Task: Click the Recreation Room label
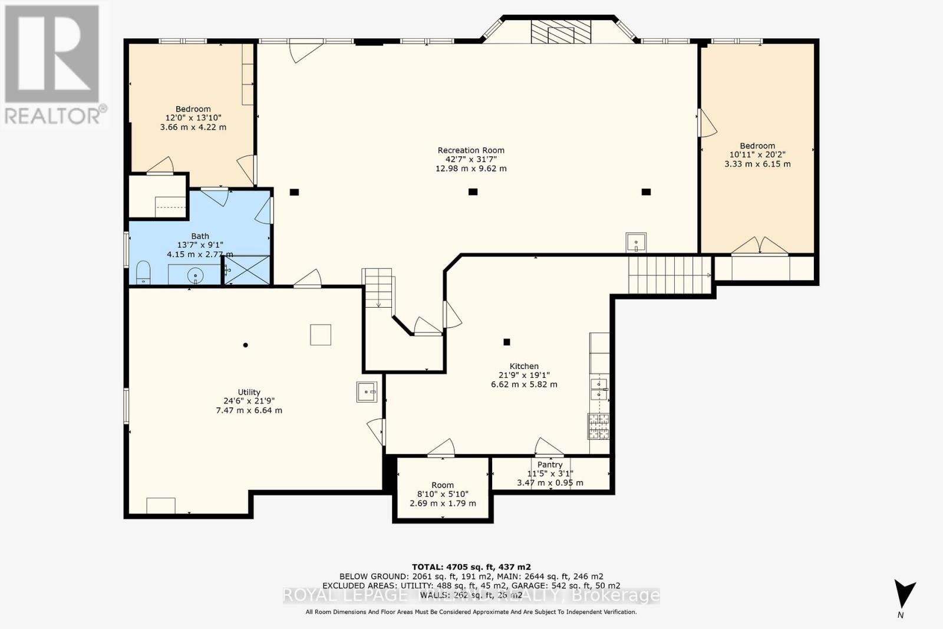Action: click(471, 150)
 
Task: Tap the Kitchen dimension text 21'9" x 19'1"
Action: click(524, 375)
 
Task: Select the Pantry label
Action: click(549, 465)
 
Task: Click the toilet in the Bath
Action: click(143, 274)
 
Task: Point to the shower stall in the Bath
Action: click(246, 270)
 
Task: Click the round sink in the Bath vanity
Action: click(195, 275)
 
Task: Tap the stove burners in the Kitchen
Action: click(598, 427)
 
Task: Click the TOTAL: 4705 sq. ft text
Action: click(470, 567)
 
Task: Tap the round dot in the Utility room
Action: click(246, 345)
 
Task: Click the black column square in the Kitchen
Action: click(506, 342)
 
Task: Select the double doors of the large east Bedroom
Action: click(760, 246)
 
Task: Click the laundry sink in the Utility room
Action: click(367, 391)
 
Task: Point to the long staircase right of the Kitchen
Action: click(670, 275)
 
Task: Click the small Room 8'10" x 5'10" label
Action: click(443, 485)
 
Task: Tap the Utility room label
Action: click(249, 392)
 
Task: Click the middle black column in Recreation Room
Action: click(472, 192)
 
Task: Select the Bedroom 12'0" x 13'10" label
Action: click(193, 109)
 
